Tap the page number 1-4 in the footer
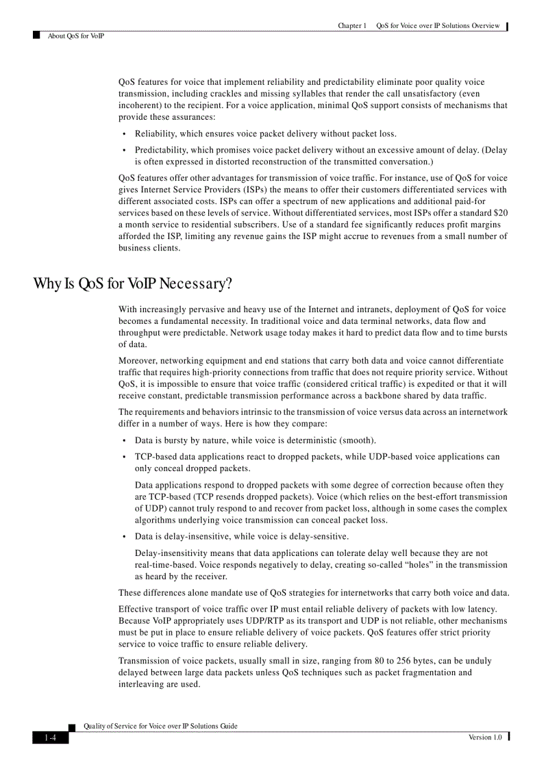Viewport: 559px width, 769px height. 50,738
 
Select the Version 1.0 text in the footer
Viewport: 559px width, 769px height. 485,737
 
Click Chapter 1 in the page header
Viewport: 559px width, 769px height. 352,26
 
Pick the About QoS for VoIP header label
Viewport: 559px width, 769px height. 76,36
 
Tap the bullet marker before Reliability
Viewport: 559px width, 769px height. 124,134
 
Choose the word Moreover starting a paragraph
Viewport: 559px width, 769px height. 138,360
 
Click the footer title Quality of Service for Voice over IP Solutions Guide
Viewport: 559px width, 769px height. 160,726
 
